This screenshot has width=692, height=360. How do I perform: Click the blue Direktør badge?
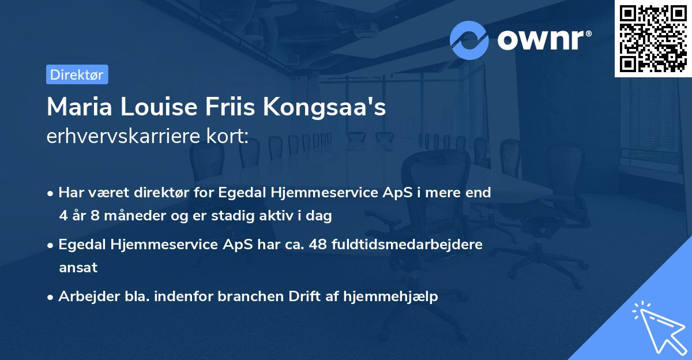(x=77, y=74)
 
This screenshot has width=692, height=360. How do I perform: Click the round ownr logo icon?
(x=469, y=40)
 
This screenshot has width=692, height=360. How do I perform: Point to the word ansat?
(x=78, y=268)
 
